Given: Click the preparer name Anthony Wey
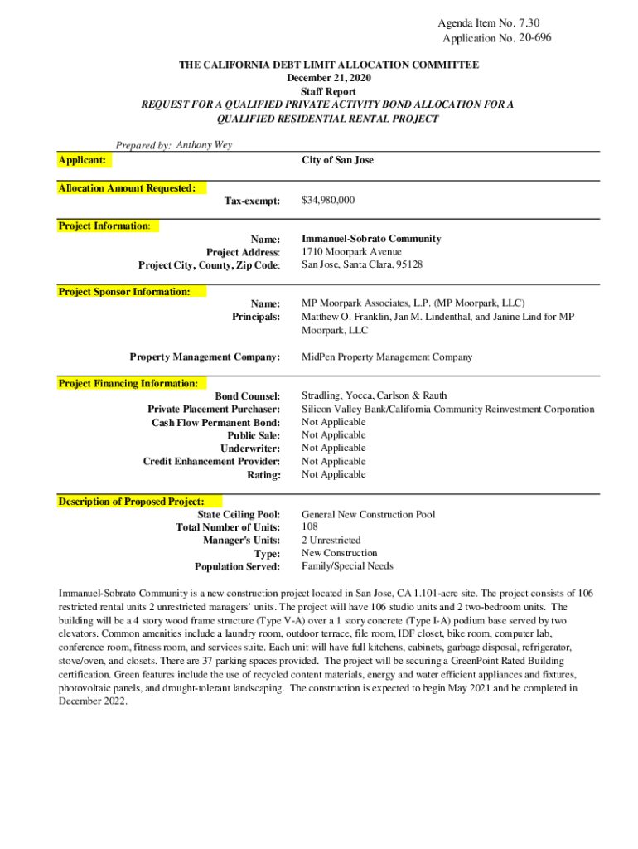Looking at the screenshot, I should (x=205, y=144).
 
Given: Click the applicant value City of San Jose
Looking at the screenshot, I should (x=337, y=159).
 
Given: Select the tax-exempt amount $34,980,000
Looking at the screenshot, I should (x=328, y=201).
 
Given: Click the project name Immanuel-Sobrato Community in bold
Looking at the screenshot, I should (x=371, y=239).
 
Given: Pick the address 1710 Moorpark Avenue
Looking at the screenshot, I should (x=351, y=251).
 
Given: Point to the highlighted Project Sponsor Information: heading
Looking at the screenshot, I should (x=124, y=292).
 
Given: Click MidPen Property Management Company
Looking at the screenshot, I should (x=387, y=357).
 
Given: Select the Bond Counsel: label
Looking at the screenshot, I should (x=248, y=396).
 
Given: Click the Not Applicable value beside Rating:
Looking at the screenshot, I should (x=333, y=474).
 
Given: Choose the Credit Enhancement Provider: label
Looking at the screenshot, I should (x=211, y=461).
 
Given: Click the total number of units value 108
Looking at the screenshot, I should (x=310, y=526).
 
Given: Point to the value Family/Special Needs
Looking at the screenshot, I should (x=347, y=566).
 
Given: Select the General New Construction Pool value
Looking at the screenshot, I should (x=368, y=514).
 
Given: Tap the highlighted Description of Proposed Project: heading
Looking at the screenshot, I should (x=131, y=502).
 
